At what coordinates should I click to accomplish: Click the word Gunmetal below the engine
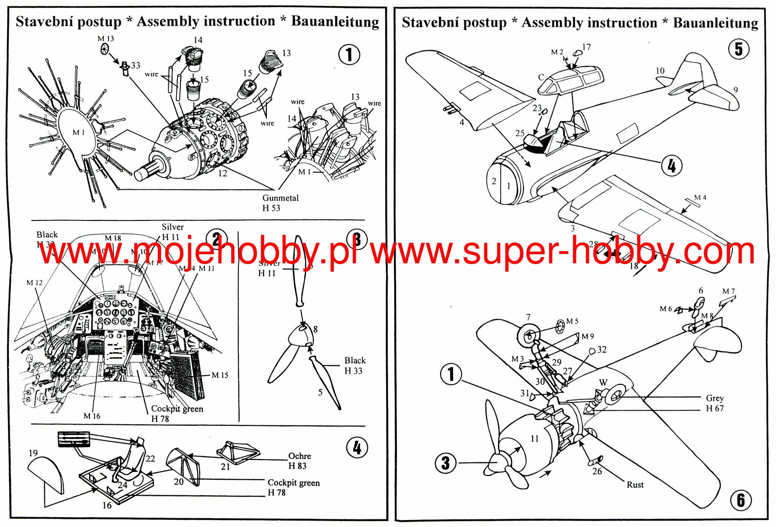[280, 198]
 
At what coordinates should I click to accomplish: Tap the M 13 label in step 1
[106, 39]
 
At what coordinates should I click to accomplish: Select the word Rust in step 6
[635, 485]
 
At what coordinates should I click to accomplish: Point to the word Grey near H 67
[715, 398]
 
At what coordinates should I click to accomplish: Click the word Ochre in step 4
[299, 456]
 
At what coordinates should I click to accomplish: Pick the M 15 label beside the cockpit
[220, 375]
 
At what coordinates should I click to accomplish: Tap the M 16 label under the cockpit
[92, 416]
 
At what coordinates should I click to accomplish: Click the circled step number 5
[738, 50]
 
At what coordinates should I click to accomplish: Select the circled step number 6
[741, 500]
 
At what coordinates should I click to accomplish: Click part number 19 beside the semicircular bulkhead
[33, 453]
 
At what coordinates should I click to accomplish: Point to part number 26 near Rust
[597, 471]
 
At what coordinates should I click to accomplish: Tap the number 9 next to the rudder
[735, 90]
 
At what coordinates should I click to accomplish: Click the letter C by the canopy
[541, 77]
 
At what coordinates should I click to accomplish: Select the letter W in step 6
[603, 383]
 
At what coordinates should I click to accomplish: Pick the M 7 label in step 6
[728, 291]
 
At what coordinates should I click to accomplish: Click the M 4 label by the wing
[700, 197]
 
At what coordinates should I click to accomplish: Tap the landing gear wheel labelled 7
[529, 335]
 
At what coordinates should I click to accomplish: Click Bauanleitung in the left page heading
[335, 22]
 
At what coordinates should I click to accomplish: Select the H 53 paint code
[271, 208]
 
